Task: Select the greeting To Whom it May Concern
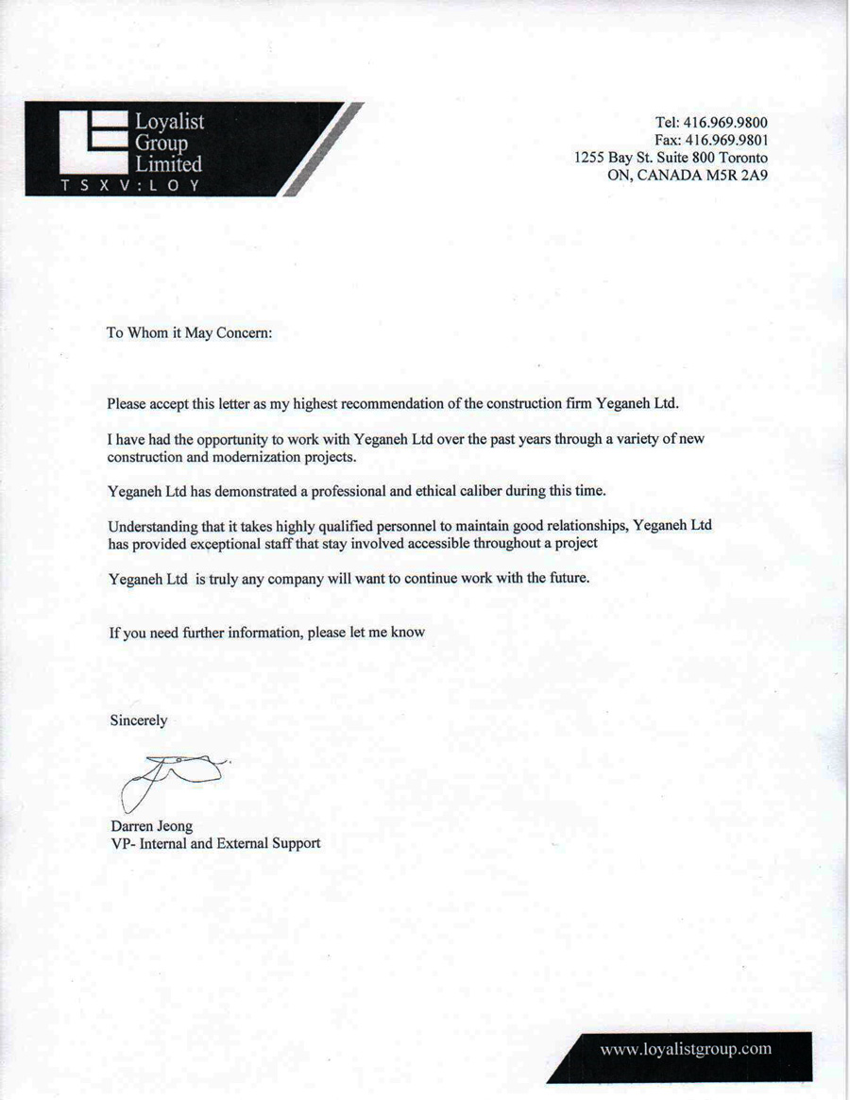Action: (189, 333)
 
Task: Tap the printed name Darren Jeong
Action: (151, 826)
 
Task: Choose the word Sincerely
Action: (139, 720)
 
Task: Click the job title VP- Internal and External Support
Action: (215, 843)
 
